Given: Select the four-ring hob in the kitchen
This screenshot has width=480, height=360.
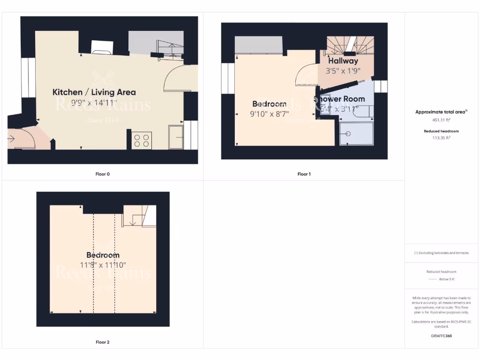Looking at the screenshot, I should pos(141,140).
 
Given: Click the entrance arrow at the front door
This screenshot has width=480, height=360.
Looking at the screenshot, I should pos(12,138).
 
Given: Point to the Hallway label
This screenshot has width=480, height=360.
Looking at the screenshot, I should pos(343,61).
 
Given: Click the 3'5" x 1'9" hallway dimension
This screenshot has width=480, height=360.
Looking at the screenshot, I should pos(343,71).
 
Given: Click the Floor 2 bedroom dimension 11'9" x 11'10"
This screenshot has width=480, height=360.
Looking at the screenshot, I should pos(103,265).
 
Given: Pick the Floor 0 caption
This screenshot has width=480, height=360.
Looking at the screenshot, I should pos(102,174).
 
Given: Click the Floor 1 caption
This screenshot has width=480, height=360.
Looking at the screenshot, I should pos(304,174).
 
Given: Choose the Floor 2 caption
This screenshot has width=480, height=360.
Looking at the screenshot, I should pos(102,342).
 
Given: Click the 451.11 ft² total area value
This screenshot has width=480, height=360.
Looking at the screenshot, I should pos(442,120).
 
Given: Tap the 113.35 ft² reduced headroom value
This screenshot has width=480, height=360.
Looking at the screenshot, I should pos(442,138).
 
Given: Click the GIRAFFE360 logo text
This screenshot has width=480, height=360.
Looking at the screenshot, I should pos(442,336).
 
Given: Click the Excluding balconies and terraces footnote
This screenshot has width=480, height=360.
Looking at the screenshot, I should pos(441,253).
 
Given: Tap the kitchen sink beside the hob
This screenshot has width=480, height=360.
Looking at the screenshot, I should pos(176,137).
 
